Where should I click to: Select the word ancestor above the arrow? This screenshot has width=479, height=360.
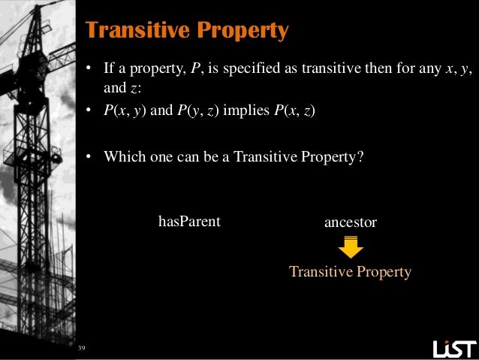pyautogui.click(x=350, y=222)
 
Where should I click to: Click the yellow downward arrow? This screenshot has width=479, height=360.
pyautogui.click(x=350, y=247)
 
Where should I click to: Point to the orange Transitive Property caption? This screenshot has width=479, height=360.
pyautogui.click(x=350, y=272)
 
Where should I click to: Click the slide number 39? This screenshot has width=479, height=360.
pyautogui.click(x=82, y=349)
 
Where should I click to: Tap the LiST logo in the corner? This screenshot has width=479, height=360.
pyautogui.click(x=454, y=349)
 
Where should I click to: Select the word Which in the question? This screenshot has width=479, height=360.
pyautogui.click(x=122, y=157)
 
